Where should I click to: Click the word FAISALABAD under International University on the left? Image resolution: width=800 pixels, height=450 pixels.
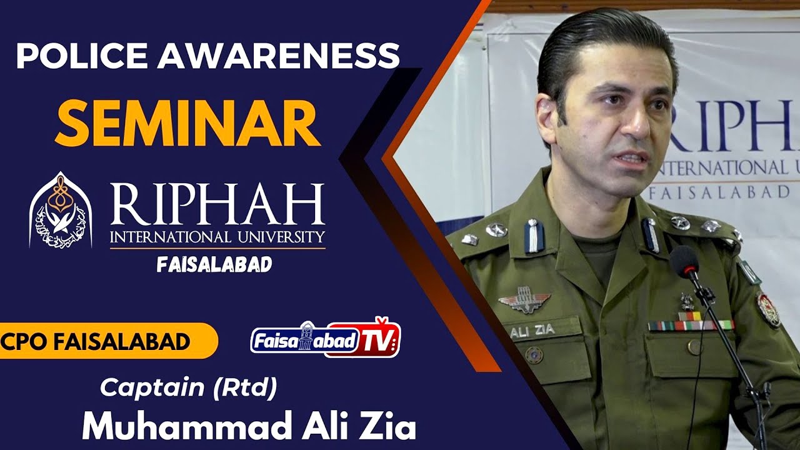(214, 264)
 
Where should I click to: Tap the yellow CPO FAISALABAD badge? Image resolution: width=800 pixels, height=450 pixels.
(100, 342)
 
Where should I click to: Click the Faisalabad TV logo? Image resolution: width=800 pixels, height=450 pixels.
(326, 339)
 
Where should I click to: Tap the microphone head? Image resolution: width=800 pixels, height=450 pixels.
(685, 262)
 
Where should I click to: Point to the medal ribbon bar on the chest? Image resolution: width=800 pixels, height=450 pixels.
(690, 325)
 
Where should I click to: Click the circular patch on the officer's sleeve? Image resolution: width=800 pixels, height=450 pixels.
(768, 309)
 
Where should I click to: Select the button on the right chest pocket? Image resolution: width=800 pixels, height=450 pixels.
(694, 347)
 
